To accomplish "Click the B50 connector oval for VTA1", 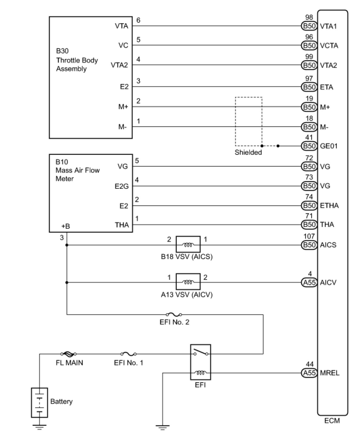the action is [309, 26].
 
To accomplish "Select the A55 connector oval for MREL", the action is [309, 373].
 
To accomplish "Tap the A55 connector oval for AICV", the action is [309, 283].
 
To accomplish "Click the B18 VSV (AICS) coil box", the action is [188, 244].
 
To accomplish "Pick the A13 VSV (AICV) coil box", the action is [188, 282].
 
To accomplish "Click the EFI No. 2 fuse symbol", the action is [174, 314].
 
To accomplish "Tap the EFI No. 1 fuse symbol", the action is [129, 354].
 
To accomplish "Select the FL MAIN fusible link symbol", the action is [68, 354].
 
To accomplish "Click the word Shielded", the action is [248, 152].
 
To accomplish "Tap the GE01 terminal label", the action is [329, 146].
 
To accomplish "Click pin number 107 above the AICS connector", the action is [309, 236].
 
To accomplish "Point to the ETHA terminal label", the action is [329, 206].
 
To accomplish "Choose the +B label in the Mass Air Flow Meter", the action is [65, 226].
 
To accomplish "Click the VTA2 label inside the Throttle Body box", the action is [119, 65].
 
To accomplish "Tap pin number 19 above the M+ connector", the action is [309, 99].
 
